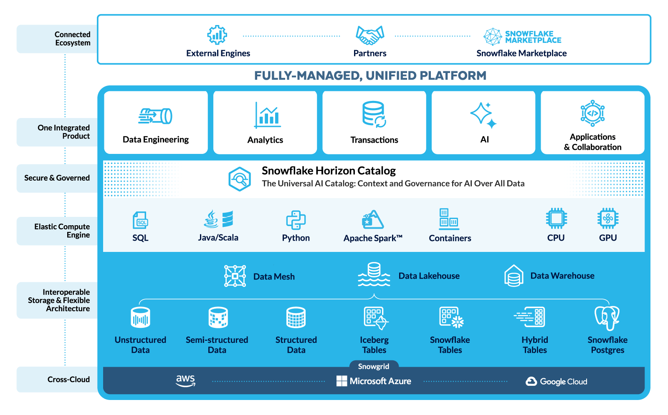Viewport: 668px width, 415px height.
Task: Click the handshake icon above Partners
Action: click(369, 35)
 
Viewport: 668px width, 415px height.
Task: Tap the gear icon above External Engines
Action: click(217, 35)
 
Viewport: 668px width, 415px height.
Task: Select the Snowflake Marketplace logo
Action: click(522, 37)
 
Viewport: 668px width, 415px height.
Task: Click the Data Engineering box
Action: click(156, 123)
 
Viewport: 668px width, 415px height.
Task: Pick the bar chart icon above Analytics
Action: click(267, 115)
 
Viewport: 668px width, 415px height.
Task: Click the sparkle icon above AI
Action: click(483, 115)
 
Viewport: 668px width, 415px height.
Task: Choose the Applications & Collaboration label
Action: click(592, 142)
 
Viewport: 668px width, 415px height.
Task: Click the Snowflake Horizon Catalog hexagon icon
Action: click(240, 179)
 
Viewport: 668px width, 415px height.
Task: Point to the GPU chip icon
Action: click(607, 218)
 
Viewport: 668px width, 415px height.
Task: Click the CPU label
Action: click(556, 238)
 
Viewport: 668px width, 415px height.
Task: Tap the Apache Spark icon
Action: click(372, 219)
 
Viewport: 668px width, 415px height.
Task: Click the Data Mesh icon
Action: click(235, 276)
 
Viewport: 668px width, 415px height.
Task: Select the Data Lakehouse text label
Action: click(429, 276)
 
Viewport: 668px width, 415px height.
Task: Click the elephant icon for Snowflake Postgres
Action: click(607, 318)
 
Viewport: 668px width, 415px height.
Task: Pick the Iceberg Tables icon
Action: click(375, 318)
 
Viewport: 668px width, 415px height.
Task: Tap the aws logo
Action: click(185, 380)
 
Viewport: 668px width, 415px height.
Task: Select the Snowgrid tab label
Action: click(373, 366)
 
